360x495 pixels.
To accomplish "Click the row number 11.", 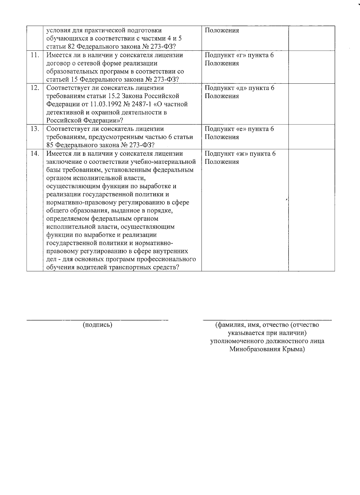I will [x=35, y=55].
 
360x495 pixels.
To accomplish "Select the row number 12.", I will [x=35, y=88].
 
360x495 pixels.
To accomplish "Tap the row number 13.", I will [x=35, y=129].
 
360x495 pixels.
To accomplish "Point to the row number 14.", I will [x=35, y=154].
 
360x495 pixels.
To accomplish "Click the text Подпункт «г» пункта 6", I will [x=239, y=55].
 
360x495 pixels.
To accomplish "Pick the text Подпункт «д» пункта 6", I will [x=239, y=88].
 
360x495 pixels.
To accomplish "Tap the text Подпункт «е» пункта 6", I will [x=239, y=129].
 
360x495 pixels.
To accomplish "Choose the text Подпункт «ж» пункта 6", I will [x=240, y=154].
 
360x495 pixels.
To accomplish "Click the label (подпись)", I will [x=97, y=325].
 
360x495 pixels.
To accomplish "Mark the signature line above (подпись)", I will [x=97, y=320].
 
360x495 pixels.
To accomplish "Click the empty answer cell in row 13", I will [x=311, y=137].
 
